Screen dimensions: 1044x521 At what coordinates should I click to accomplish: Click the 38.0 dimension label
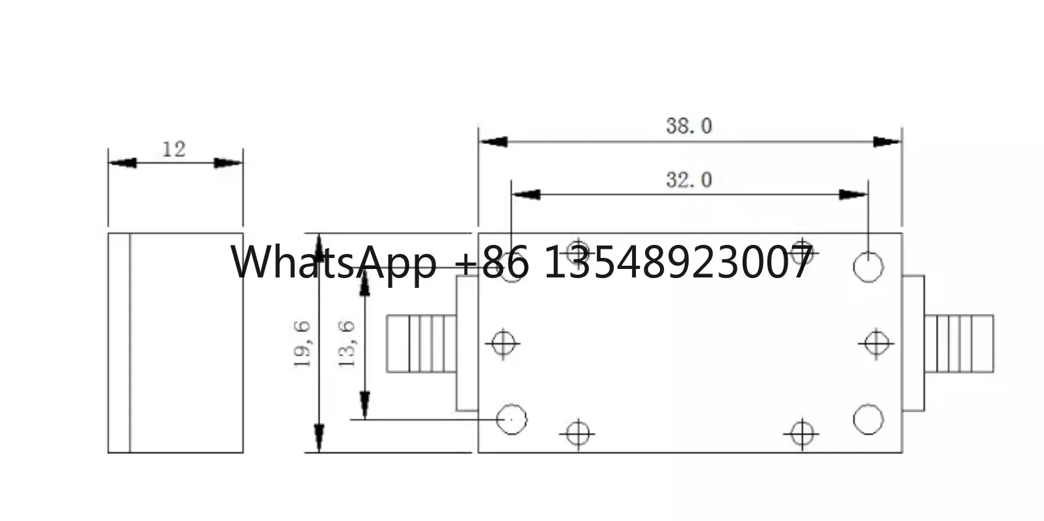pos(689,126)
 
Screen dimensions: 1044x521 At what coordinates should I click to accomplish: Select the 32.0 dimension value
pos(689,180)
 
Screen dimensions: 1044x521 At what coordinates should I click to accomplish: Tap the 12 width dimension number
pos(173,149)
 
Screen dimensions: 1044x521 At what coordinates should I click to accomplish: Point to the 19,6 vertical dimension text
pos(303,344)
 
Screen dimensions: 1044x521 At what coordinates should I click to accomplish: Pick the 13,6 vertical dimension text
pos(347,344)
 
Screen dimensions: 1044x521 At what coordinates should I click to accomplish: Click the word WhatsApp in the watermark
pos(334,263)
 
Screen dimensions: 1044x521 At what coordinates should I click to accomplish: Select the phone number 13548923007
pos(678,262)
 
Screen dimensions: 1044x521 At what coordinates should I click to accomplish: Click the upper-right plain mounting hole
pos(868,267)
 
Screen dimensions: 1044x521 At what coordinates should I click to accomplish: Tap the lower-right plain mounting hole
pos(868,419)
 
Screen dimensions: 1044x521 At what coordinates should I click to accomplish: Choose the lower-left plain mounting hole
pos(512,419)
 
